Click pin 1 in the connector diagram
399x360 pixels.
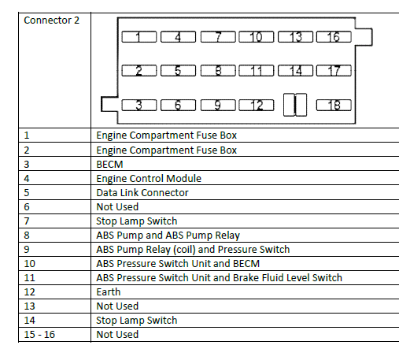pyautogui.click(x=139, y=37)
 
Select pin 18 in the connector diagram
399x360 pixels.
pyautogui.click(x=334, y=106)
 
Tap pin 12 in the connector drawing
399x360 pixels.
pyautogui.click(x=257, y=106)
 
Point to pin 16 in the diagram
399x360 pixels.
pyautogui.click(x=334, y=37)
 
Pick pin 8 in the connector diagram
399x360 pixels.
pyautogui.click(x=218, y=71)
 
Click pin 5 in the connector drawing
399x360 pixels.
pyautogui.click(x=178, y=71)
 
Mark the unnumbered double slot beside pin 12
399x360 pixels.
pyautogui.click(x=295, y=105)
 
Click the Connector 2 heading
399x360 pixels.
pyautogui.click(x=51, y=20)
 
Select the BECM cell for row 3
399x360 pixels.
pyautogui.click(x=109, y=165)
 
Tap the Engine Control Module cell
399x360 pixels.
pyautogui.click(x=149, y=179)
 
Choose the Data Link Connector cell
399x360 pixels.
pyautogui.click(x=142, y=193)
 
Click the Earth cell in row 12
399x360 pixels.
pyautogui.click(x=109, y=292)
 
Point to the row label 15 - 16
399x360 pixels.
pyautogui.click(x=39, y=335)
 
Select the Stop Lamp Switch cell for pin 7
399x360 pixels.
pyautogui.click(x=137, y=221)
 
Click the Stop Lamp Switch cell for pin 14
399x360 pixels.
pyautogui.click(x=137, y=321)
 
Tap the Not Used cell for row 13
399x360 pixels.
pyautogui.click(x=117, y=306)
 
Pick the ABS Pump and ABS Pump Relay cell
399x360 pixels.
pyautogui.click(x=168, y=236)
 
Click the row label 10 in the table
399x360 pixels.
pyautogui.click(x=29, y=264)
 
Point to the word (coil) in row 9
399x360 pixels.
pyautogui.click(x=185, y=250)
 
